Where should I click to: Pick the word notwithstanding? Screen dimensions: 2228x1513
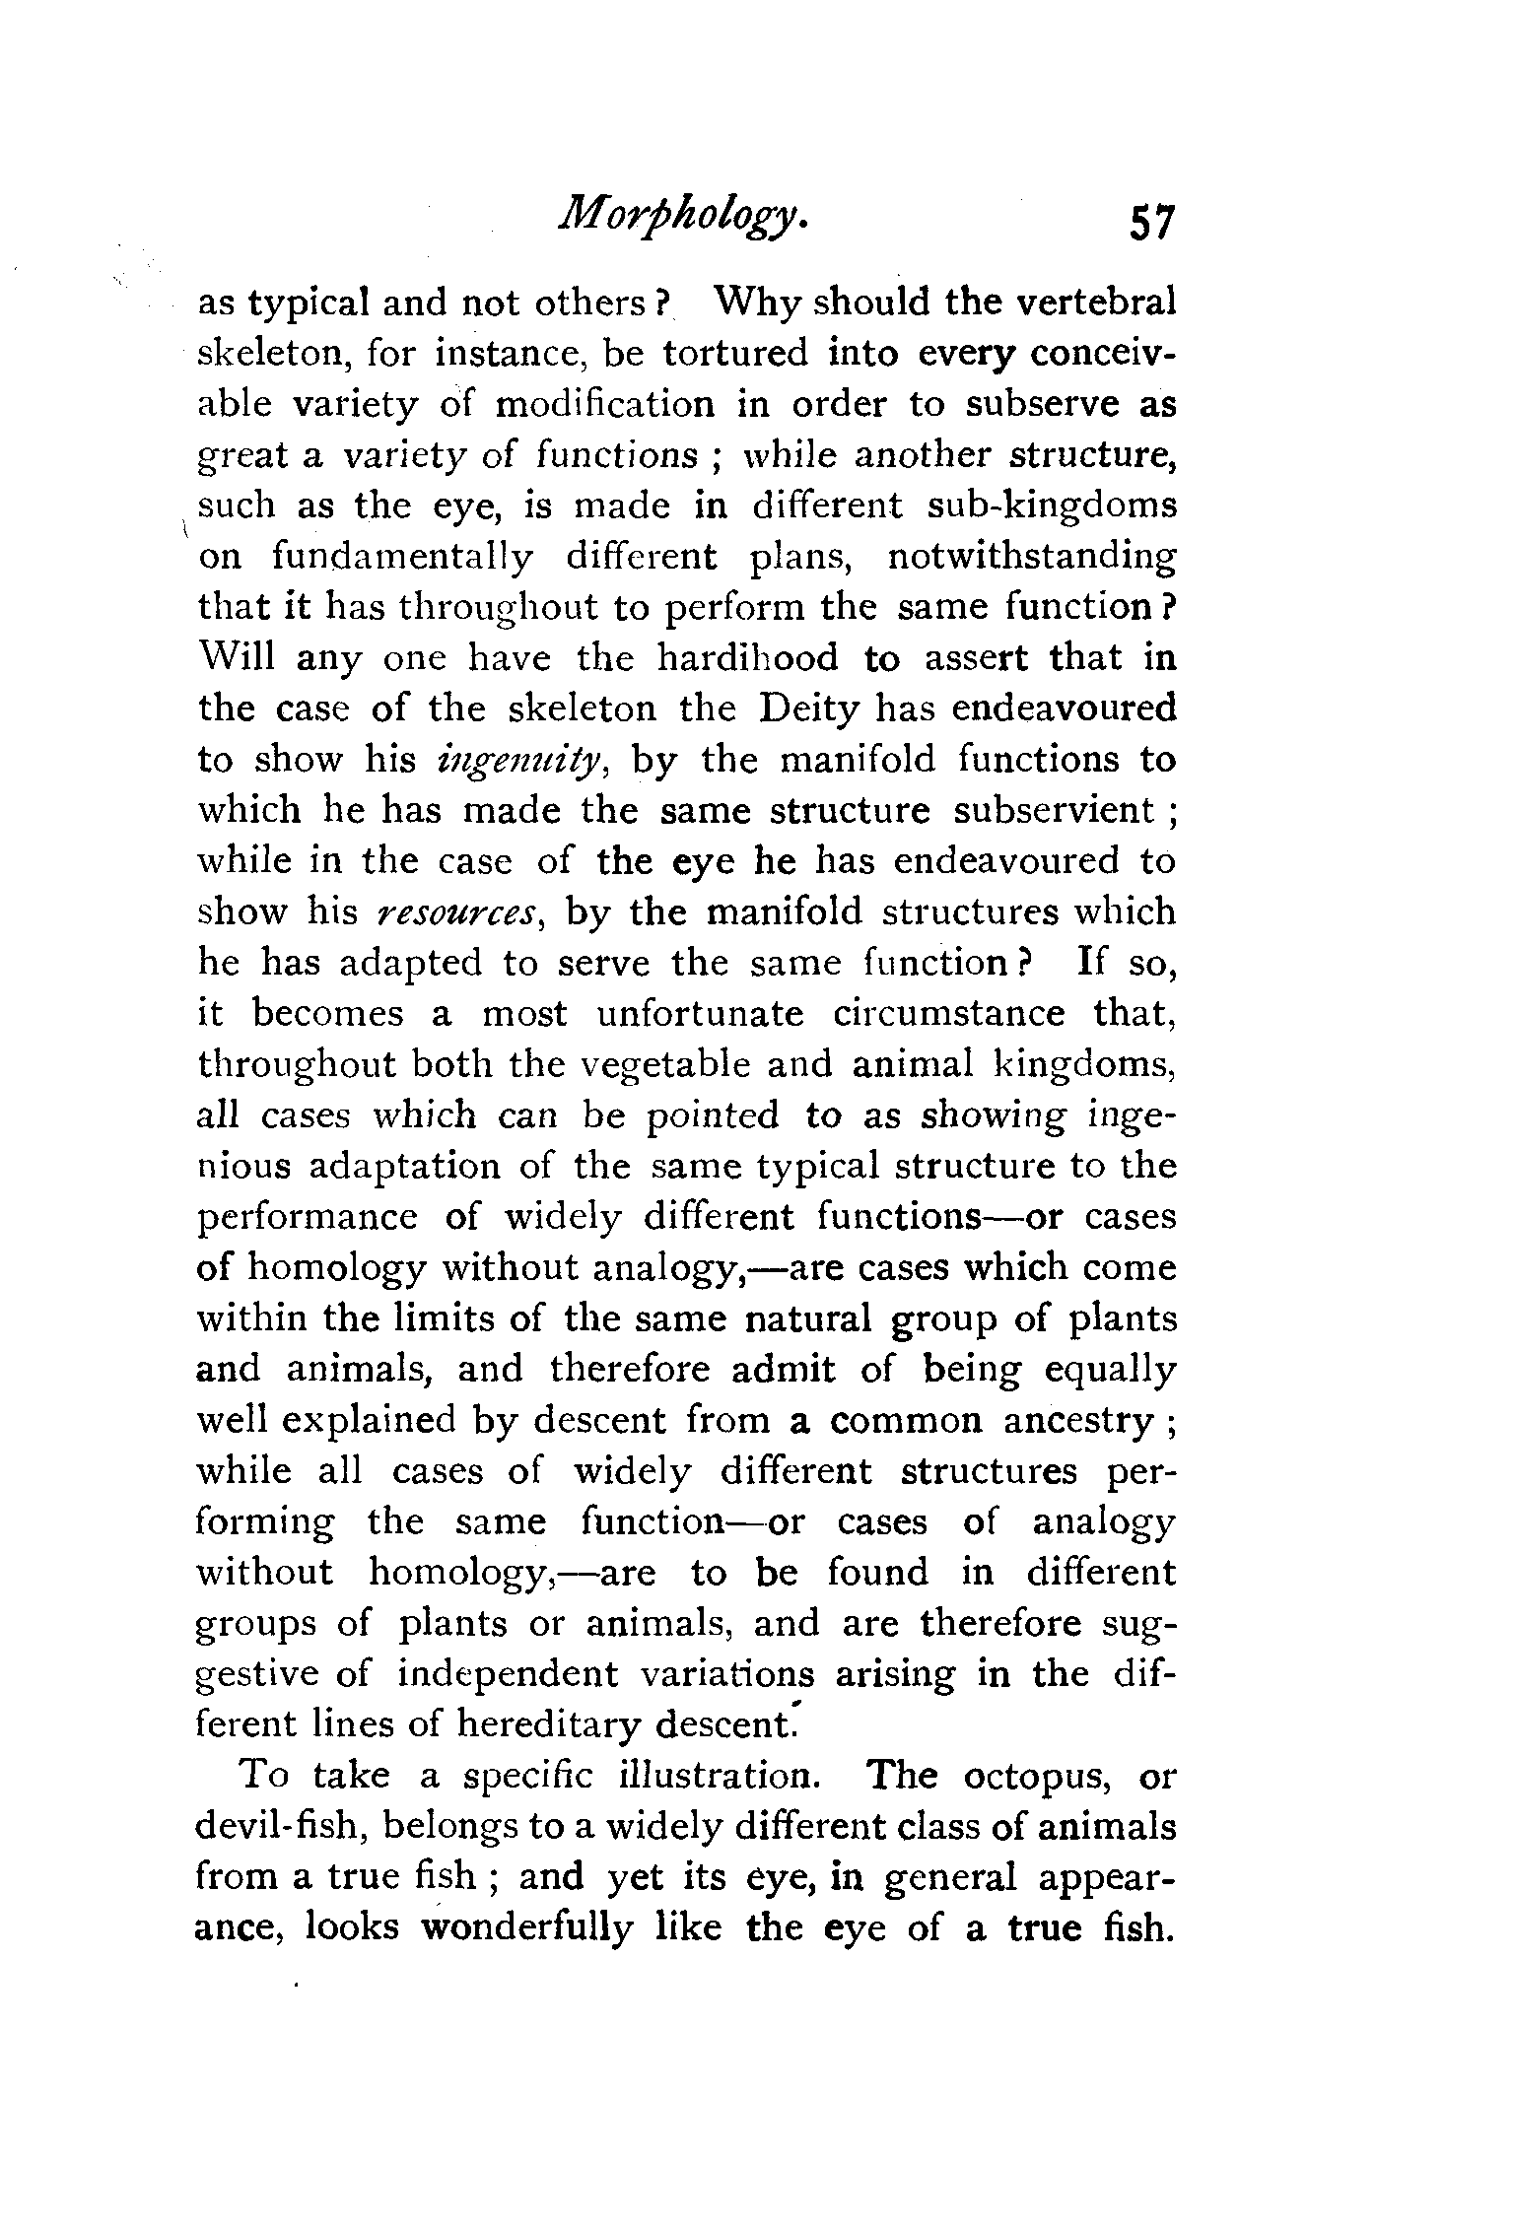(1031, 558)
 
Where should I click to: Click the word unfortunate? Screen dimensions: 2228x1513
(702, 1015)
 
